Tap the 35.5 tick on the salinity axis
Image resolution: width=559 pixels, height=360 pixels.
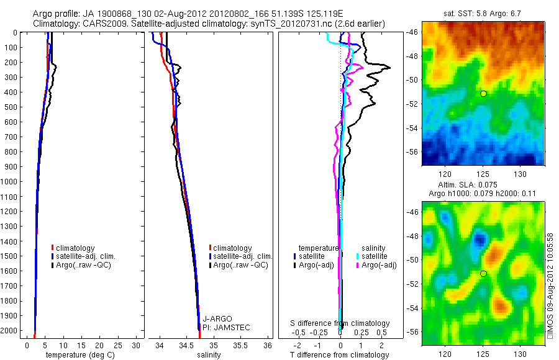tap(240, 345)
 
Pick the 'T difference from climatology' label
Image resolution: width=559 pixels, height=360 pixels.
tap(340, 355)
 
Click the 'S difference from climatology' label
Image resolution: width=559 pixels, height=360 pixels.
tap(340, 323)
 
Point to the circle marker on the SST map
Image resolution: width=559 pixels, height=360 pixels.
tap(483, 93)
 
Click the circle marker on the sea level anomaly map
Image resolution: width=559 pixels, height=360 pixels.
tap(483, 274)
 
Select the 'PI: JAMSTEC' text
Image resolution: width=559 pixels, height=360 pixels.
tap(222, 326)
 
